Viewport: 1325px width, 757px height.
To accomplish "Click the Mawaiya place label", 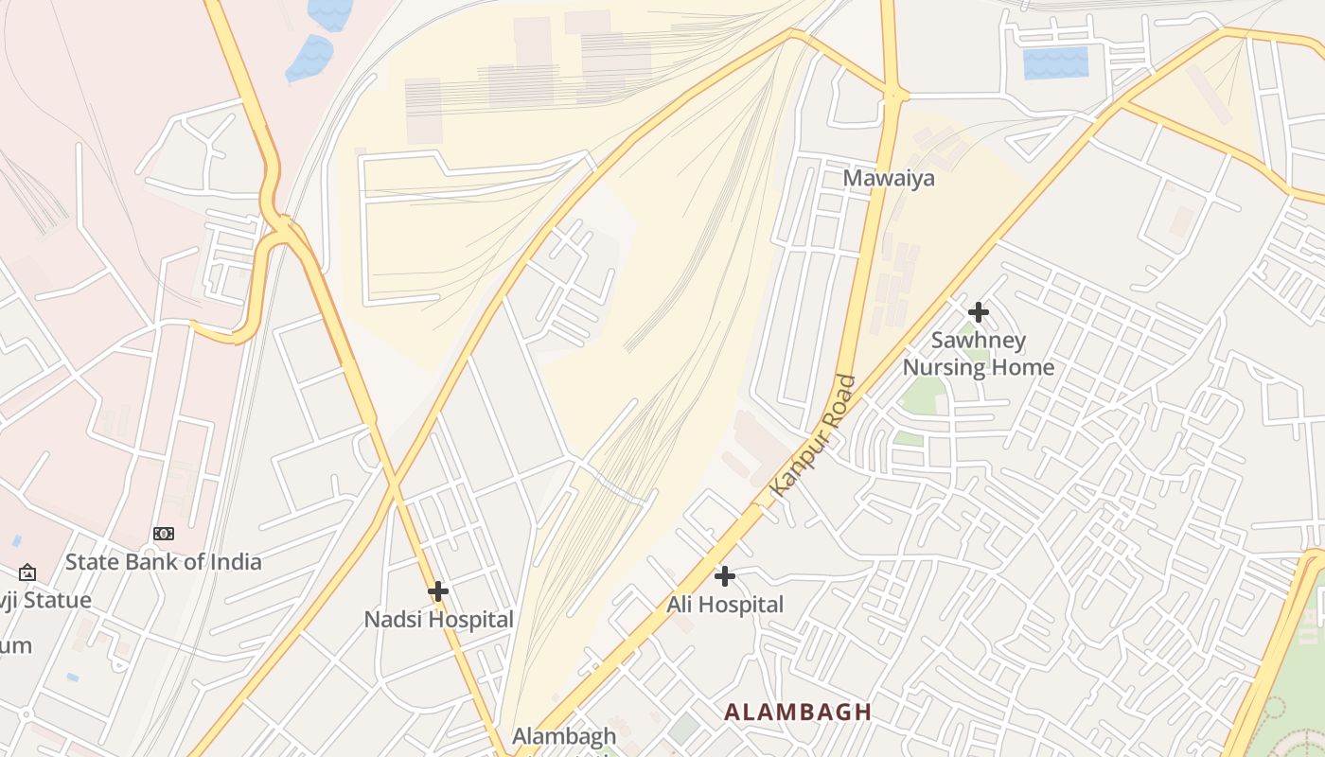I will click(x=888, y=178).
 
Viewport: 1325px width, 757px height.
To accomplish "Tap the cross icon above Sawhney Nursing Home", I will click(x=979, y=311).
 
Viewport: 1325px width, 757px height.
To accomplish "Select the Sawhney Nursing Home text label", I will click(x=979, y=354).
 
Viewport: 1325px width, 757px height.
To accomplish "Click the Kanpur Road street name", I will click(x=814, y=436).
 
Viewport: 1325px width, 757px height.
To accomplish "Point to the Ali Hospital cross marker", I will click(x=725, y=575).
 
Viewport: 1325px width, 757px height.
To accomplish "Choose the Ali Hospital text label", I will click(x=725, y=604).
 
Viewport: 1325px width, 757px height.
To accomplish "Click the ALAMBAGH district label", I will click(x=797, y=712).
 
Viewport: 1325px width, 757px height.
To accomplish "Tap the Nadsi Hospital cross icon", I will click(x=437, y=591).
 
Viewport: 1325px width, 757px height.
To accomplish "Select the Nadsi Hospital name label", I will click(x=438, y=620).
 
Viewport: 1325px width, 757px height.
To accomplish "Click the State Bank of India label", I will click(x=163, y=562).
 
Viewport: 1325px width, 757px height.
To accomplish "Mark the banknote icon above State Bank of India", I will click(x=164, y=534).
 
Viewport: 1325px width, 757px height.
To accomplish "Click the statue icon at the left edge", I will click(x=27, y=572).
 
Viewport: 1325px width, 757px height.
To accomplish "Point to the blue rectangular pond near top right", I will click(x=1055, y=62).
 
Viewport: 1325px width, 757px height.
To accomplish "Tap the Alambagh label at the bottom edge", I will click(x=563, y=735).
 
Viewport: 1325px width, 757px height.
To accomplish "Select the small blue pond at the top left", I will click(x=309, y=59).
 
